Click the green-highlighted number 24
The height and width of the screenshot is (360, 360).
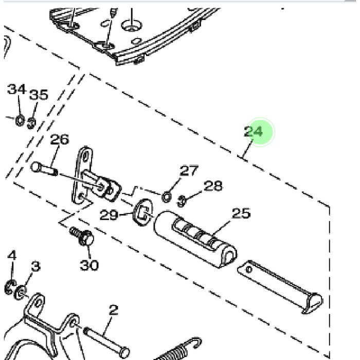click(253, 132)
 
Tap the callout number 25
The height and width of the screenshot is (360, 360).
click(241, 213)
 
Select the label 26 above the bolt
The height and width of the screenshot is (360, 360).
click(59, 139)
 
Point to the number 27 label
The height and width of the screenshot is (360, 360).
click(189, 170)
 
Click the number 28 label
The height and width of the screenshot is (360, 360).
click(213, 186)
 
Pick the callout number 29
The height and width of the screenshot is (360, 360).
click(109, 215)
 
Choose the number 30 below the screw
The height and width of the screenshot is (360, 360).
click(89, 265)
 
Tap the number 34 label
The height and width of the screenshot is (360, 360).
click(16, 89)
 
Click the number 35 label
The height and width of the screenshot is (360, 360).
click(39, 94)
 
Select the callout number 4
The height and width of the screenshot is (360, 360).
click(12, 255)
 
